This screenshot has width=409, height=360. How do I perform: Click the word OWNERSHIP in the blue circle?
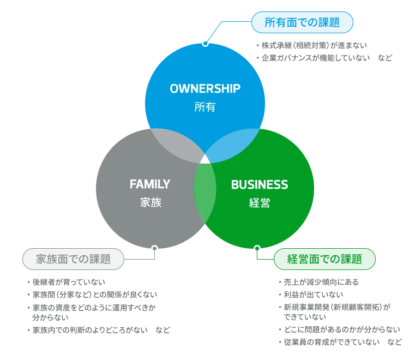205,88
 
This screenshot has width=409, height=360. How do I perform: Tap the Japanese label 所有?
205,107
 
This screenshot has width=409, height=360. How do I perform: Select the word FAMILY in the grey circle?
150,184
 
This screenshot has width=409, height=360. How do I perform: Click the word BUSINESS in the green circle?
260,185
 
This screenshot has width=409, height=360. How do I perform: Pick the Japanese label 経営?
260,203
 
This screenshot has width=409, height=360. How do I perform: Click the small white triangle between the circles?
205,159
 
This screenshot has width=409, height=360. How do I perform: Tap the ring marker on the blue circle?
205,43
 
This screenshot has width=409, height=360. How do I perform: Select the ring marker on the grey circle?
155,249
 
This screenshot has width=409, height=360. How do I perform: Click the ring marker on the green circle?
257,249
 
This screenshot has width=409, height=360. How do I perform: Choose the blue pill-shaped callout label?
302,22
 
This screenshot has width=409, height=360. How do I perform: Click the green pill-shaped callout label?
325,259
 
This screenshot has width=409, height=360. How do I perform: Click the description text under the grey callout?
95,306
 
